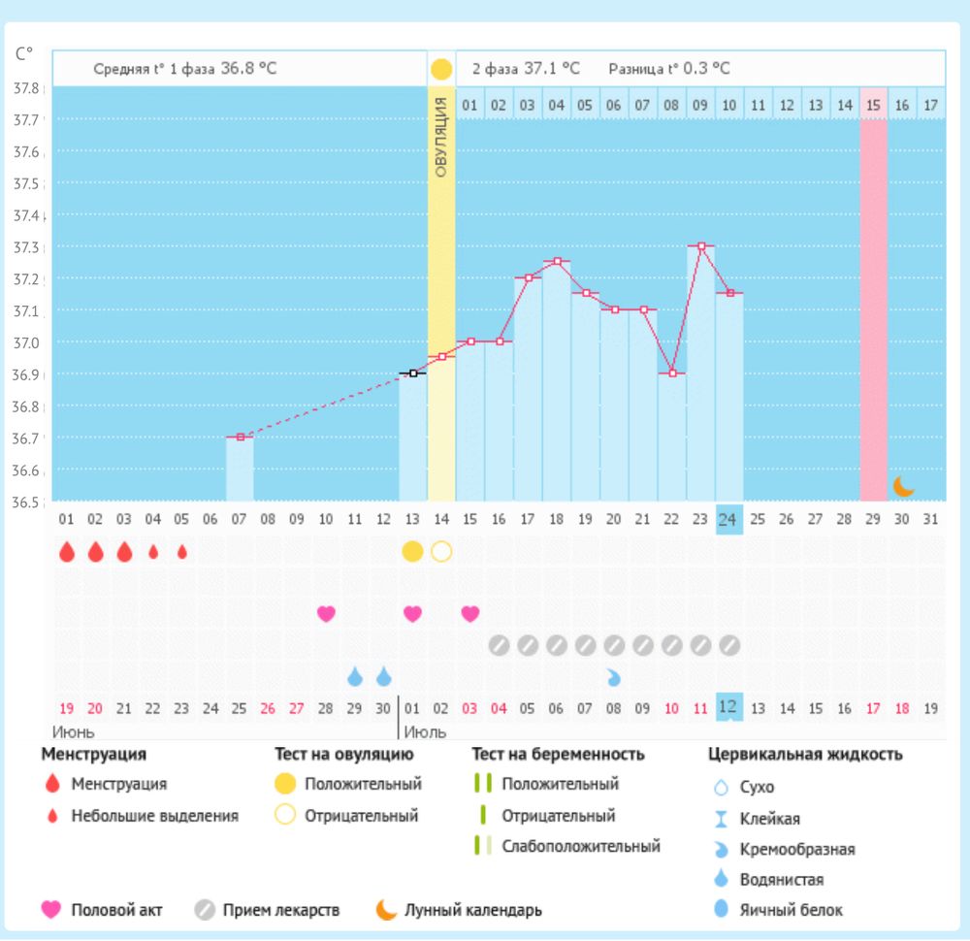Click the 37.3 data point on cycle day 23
[x=700, y=246]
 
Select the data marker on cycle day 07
[x=240, y=437]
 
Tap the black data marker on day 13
[x=412, y=373]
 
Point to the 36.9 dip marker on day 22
[x=671, y=373]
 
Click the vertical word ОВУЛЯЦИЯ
[x=441, y=137]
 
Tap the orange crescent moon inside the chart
[x=903, y=485]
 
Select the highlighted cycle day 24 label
[x=728, y=519]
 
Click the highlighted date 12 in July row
[x=728, y=707]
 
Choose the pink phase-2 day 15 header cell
[x=873, y=104]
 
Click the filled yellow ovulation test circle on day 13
[x=412, y=552]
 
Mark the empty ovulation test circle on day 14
[x=441, y=552]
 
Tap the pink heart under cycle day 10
[x=326, y=613]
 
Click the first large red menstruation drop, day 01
[x=66, y=552]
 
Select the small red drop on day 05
[x=182, y=552]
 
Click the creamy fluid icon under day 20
[x=614, y=676]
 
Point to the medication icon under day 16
[x=499, y=644]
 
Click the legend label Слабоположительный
[x=580, y=846]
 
